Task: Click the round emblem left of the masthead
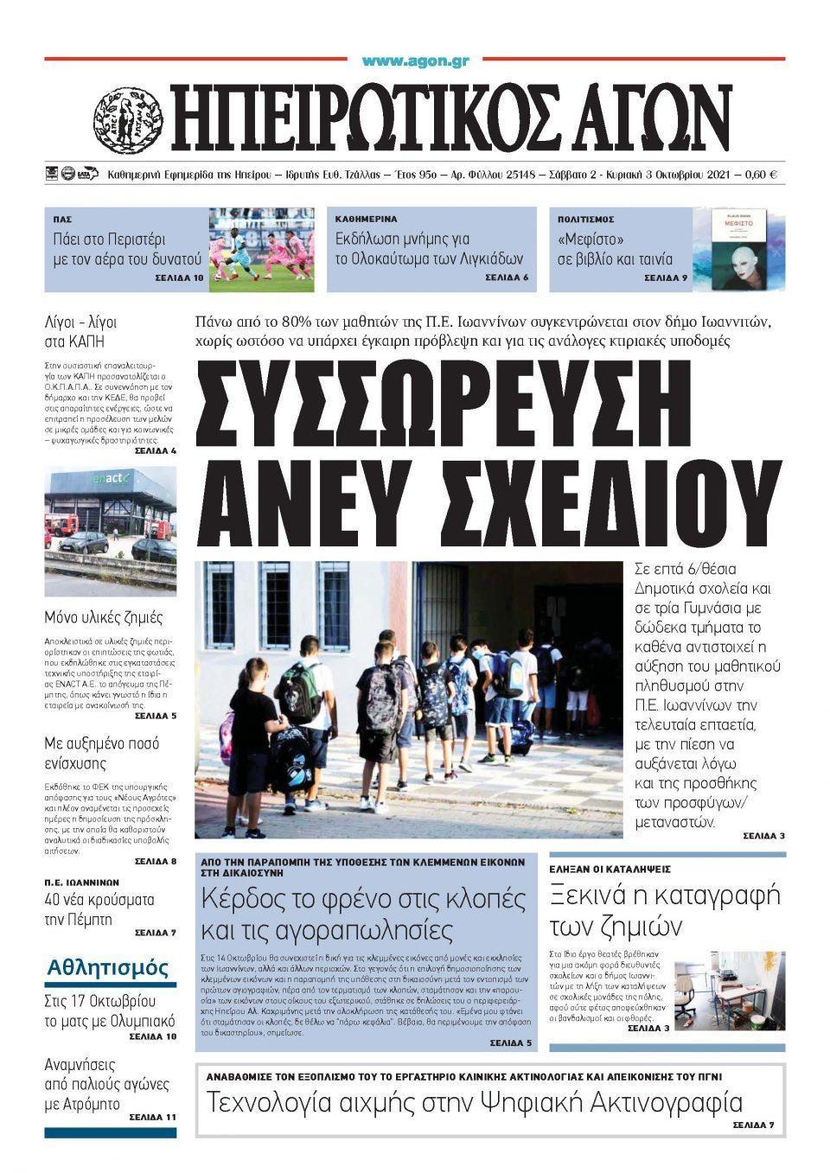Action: pos(129,118)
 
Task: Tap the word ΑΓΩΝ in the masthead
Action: pos(642,118)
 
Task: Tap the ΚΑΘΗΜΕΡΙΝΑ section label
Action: pos(367,220)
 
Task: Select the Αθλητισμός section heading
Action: pos(109,967)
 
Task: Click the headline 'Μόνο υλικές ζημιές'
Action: pos(104,618)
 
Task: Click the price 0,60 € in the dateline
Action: pos(760,175)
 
